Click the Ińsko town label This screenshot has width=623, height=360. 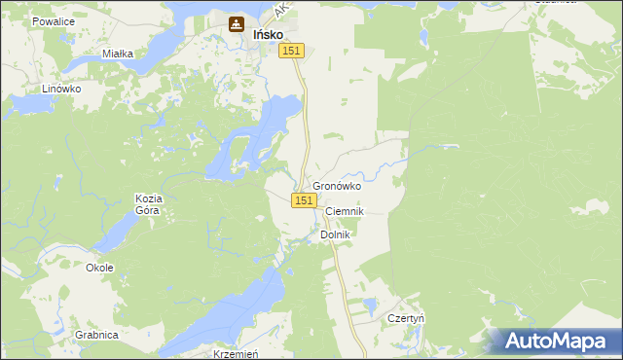(x=268, y=33)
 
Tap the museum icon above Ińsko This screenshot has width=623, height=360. (x=237, y=24)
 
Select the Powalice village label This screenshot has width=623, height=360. (x=54, y=20)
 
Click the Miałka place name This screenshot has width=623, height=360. (x=117, y=54)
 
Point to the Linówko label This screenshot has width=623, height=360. (x=61, y=88)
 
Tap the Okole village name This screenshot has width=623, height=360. (x=99, y=268)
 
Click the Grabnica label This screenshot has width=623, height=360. (x=95, y=335)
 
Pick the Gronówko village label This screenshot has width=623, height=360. (x=337, y=186)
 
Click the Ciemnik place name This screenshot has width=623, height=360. (x=344, y=211)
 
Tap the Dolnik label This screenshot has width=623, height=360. (x=334, y=234)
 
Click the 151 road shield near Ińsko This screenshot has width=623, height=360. (x=293, y=51)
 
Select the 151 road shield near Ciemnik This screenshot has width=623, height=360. (x=304, y=199)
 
